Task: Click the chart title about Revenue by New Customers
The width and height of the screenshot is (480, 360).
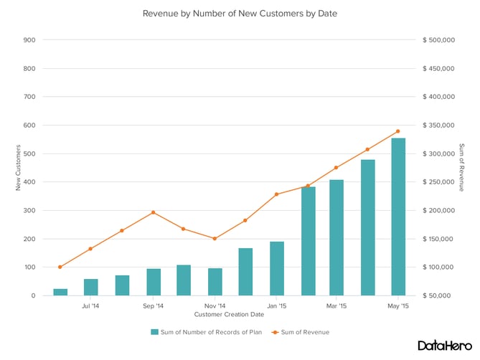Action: (x=240, y=14)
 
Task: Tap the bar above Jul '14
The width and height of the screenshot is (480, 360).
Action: (x=91, y=287)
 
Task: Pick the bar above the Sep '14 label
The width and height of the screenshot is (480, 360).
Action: (x=154, y=282)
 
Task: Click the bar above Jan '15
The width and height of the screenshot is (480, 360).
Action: (x=276, y=268)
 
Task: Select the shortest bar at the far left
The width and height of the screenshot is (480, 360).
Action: (x=60, y=292)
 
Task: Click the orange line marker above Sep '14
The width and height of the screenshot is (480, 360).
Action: (x=153, y=212)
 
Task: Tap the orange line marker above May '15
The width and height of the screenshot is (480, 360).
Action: (x=397, y=131)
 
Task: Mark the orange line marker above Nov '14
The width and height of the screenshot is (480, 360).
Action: (x=215, y=238)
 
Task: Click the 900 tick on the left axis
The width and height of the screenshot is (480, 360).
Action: (x=29, y=40)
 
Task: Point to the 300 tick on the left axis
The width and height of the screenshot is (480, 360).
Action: (x=29, y=210)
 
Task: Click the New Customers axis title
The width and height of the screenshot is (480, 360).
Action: (x=18, y=167)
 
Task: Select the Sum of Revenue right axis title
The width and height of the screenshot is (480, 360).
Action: (x=461, y=167)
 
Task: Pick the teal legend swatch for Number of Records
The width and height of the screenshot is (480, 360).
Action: (x=154, y=332)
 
